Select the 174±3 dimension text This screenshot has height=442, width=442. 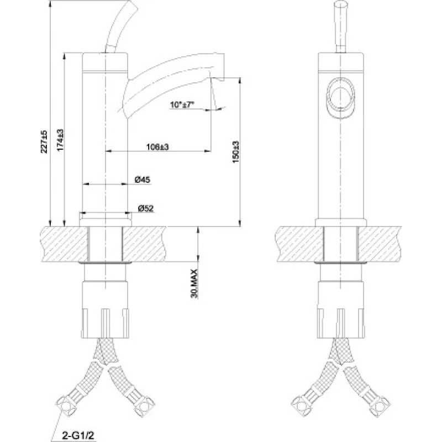pos(60,140)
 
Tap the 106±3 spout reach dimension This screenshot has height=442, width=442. pos(157,146)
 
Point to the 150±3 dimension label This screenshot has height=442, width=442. pos(235,150)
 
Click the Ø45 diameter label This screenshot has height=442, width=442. pos(143,180)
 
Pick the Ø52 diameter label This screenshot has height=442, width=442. pos(145,208)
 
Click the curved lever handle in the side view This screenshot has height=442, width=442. pos(118,25)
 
